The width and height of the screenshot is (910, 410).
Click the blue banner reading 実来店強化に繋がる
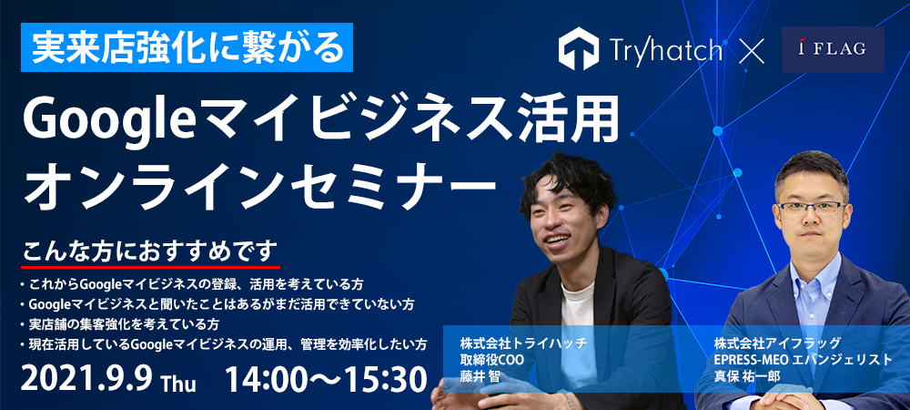tap(187, 47)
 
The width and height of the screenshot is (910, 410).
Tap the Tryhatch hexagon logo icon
tap(579, 49)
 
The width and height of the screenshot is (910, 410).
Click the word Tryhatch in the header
tap(666, 50)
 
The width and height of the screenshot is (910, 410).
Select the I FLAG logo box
tap(833, 49)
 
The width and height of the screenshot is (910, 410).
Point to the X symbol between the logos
tap(753, 50)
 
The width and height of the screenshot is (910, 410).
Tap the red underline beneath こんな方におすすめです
tap(150, 267)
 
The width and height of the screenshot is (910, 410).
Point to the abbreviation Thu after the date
tap(178, 384)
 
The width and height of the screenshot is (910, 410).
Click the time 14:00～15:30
tap(327, 380)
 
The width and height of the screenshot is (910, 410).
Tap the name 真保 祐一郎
tap(747, 376)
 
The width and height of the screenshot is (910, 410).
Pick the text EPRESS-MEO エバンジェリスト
tap(804, 360)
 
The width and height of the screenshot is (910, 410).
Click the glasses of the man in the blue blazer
tap(812, 208)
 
